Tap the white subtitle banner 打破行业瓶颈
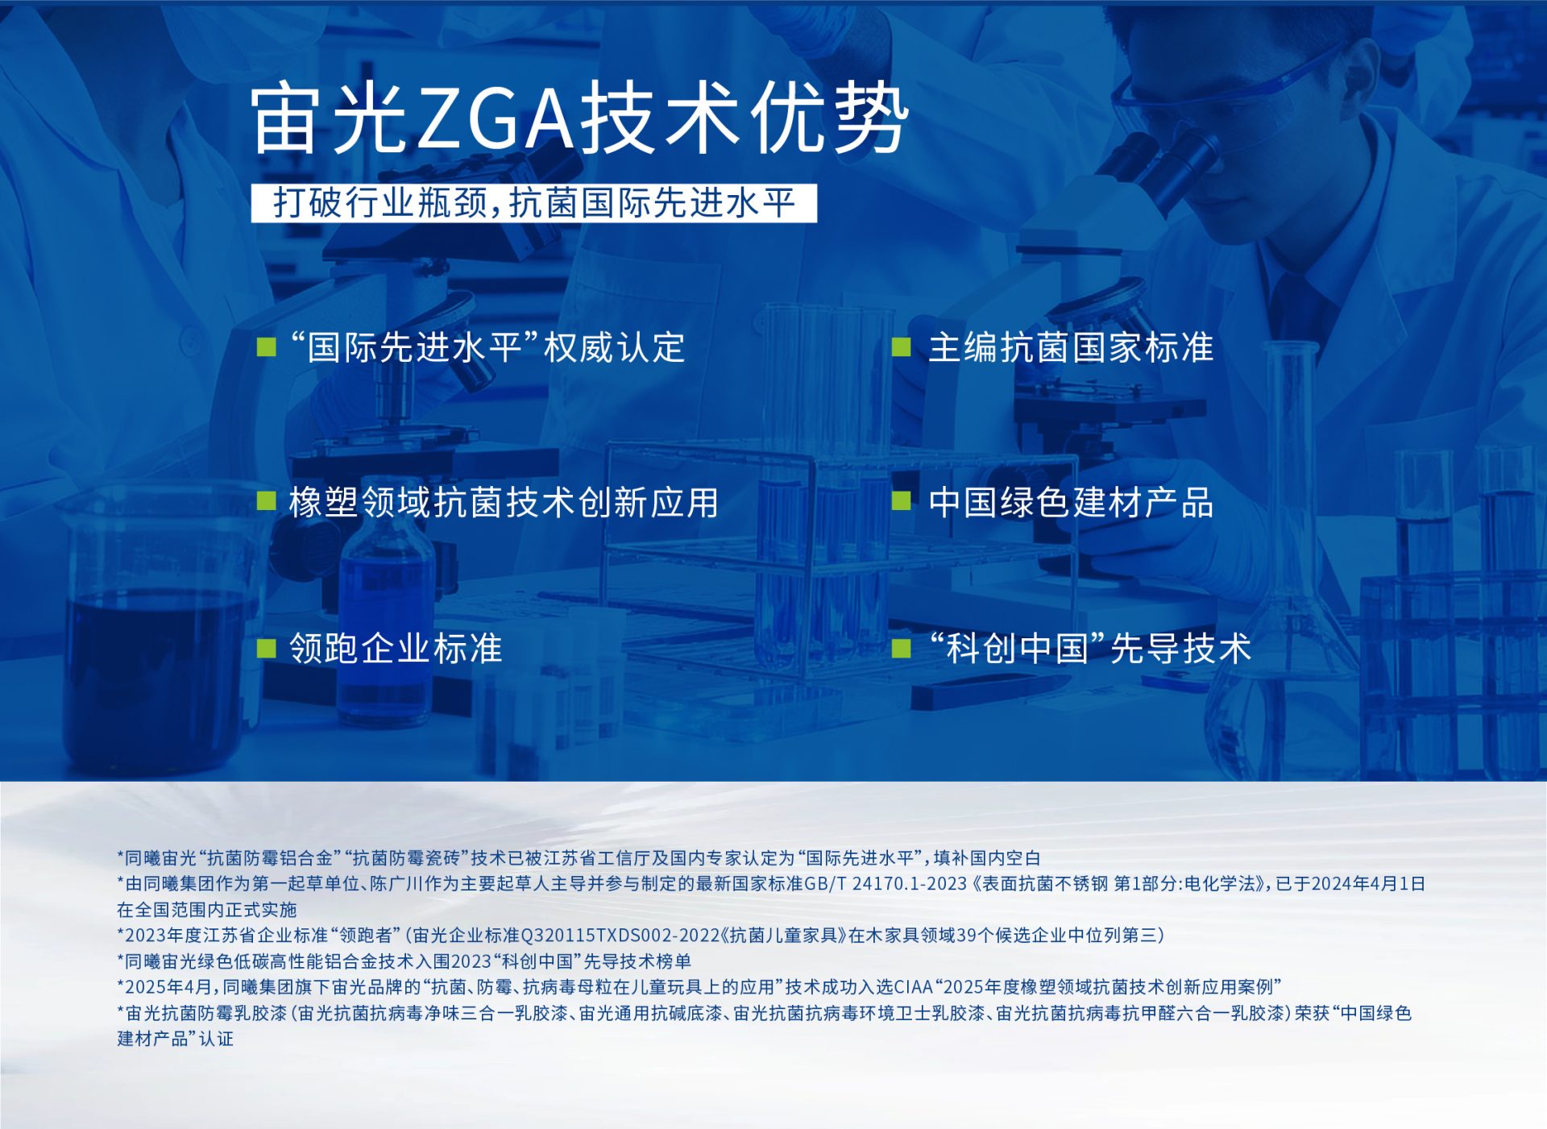533,202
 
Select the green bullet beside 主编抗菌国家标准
901,347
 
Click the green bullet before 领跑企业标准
266,649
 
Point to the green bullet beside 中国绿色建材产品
901,501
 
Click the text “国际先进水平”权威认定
487,347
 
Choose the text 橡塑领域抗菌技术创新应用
504,502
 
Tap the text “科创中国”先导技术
1089,649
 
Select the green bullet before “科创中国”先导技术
901,649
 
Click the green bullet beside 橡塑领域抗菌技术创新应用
266,501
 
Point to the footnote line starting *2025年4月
699,987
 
